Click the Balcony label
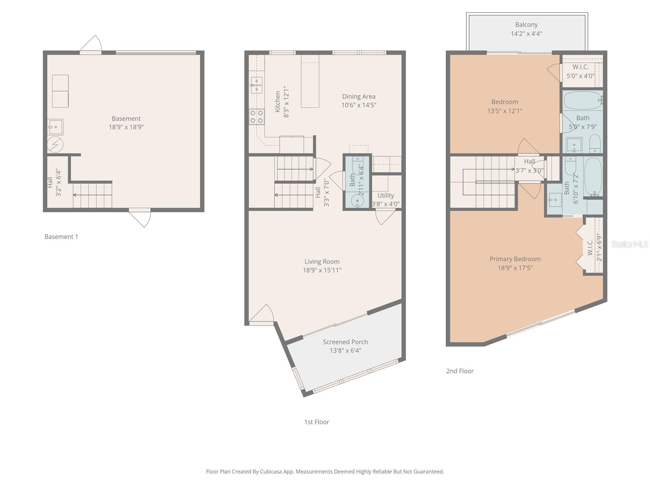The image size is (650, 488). click(526, 25)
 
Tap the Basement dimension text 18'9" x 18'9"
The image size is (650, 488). click(126, 127)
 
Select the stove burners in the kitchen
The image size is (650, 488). click(257, 117)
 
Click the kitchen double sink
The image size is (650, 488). click(256, 85)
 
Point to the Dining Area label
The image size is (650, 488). click(358, 96)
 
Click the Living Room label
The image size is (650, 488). click(322, 261)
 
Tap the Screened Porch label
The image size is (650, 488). click(345, 342)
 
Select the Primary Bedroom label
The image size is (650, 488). click(515, 259)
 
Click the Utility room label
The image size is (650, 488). click(386, 195)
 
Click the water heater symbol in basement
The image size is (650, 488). click(55, 144)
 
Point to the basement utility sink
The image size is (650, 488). click(55, 127)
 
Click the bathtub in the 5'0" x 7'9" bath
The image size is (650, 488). click(583, 100)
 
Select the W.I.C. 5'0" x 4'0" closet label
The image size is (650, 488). click(581, 67)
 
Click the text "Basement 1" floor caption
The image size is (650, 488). click(61, 237)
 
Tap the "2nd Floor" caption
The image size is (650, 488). click(460, 371)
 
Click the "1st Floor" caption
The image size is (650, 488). click(316, 422)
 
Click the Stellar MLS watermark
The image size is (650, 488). click(630, 244)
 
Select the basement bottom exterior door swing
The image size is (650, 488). click(142, 218)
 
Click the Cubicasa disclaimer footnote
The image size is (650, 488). click(325, 472)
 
